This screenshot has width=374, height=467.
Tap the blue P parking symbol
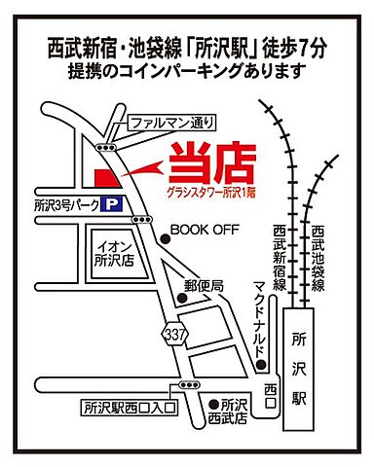click(x=116, y=204)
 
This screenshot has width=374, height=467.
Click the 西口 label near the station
click(x=271, y=388)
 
